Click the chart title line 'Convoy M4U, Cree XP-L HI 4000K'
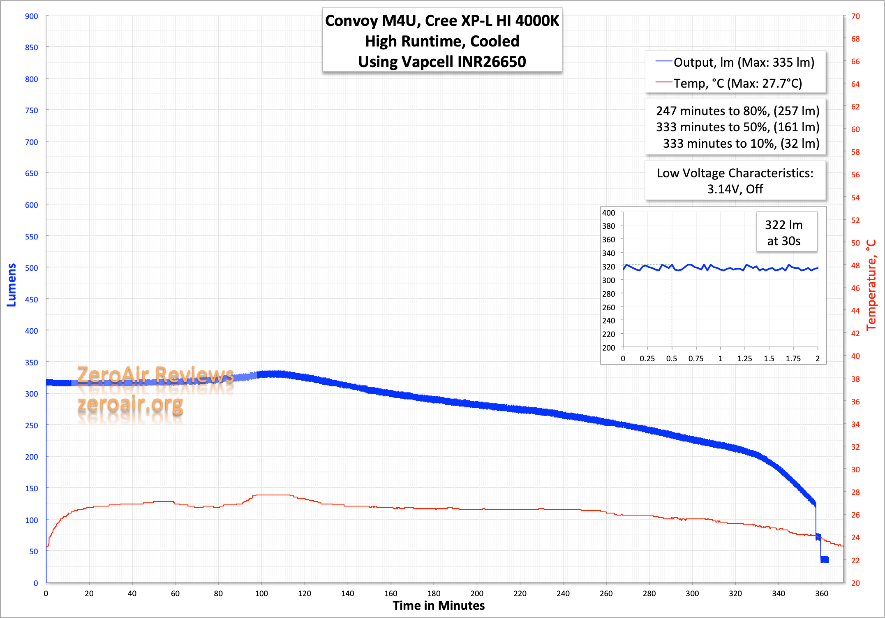point(442,21)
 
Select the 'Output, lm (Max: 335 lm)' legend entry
point(743,63)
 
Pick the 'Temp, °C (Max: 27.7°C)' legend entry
point(737,84)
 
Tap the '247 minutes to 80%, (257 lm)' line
point(737,111)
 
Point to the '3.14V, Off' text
point(735,189)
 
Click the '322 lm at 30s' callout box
point(786,232)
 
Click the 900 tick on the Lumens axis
point(31,16)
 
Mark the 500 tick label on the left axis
point(31,268)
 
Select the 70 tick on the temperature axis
point(855,16)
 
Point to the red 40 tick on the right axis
point(855,356)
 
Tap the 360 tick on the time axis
point(821,593)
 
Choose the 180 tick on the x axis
point(434,593)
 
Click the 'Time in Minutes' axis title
point(439,606)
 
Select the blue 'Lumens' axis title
point(12,285)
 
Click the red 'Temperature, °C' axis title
point(871,285)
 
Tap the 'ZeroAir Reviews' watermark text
point(155,375)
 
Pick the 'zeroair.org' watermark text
point(130,404)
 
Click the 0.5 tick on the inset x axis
point(672,359)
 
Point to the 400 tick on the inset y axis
point(608,213)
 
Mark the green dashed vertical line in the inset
point(672,309)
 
